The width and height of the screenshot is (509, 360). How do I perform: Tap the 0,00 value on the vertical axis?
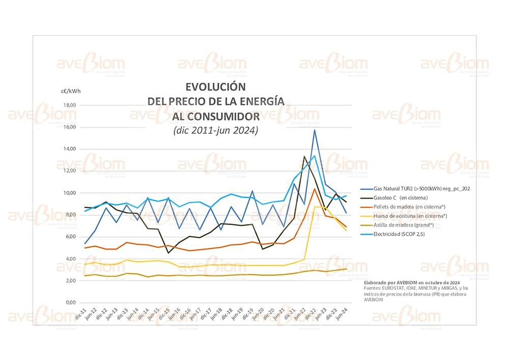(x=70, y=302)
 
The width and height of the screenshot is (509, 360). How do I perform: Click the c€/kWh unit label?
(x=71, y=91)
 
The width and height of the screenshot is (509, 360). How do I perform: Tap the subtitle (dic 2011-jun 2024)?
(x=216, y=130)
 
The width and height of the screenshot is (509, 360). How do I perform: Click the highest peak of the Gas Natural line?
(x=315, y=130)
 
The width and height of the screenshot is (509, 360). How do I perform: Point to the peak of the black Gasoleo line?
(x=304, y=156)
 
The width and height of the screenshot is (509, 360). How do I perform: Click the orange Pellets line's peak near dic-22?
(x=315, y=189)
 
